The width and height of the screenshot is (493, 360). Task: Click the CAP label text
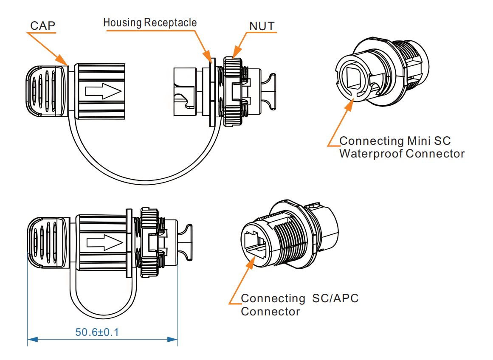click(x=42, y=26)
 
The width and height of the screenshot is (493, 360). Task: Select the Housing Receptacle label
click(x=150, y=22)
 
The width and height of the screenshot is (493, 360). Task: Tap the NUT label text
click(x=262, y=26)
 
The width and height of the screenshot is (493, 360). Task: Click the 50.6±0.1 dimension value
click(x=97, y=332)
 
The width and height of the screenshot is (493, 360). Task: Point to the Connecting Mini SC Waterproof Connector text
click(x=401, y=147)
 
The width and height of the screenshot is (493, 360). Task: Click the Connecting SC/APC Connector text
click(x=299, y=305)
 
